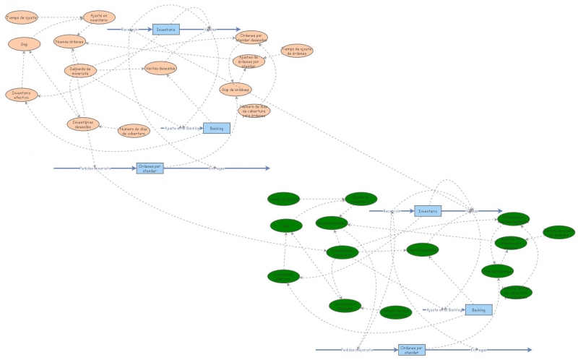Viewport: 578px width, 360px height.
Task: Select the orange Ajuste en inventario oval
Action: [98, 17]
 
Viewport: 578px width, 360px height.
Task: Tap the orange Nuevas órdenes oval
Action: [69, 41]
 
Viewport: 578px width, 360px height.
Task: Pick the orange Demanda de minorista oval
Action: [80, 71]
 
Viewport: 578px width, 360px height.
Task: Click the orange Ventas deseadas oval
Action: [160, 68]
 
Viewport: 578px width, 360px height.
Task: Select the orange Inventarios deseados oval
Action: [84, 124]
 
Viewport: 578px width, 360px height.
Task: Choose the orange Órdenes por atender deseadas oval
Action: [251, 37]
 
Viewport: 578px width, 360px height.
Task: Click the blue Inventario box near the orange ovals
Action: [165, 30]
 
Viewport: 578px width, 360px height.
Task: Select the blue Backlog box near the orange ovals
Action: [216, 128]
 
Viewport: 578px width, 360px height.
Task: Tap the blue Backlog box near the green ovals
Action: [478, 309]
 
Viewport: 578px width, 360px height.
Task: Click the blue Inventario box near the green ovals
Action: [427, 211]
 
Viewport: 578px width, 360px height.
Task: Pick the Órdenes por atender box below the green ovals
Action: [412, 350]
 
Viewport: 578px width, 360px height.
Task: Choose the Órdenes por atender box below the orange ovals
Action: [150, 168]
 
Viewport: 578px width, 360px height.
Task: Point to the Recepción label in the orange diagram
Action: [130, 30]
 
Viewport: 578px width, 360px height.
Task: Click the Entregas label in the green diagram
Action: [479, 350]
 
